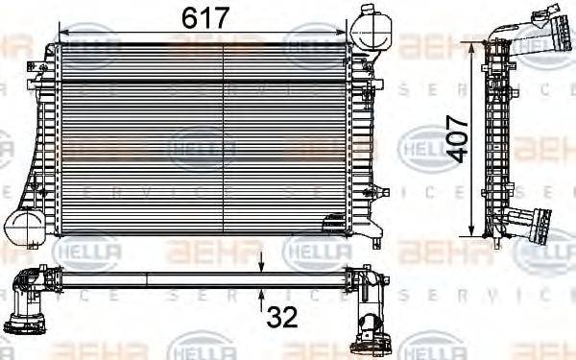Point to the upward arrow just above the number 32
262,292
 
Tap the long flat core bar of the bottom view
202,278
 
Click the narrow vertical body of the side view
495,139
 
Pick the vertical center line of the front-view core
223,139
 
